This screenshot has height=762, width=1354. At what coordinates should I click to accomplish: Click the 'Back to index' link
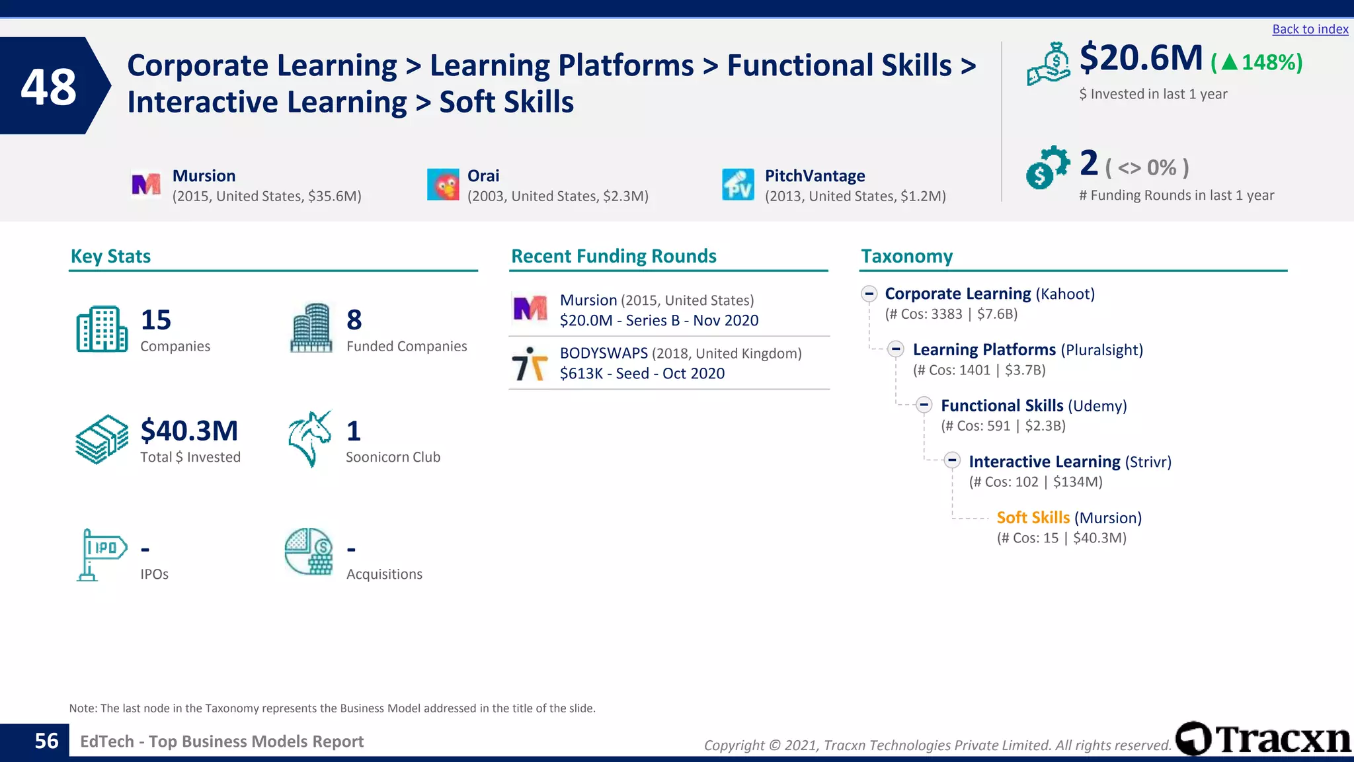[1310, 29]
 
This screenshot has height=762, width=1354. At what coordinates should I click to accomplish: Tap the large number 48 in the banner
[48, 87]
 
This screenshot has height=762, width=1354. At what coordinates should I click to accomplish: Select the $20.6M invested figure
[1141, 58]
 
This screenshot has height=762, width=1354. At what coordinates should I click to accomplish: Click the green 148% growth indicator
[1257, 62]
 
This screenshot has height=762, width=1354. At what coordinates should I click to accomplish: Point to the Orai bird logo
[443, 185]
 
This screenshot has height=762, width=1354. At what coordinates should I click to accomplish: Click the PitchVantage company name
[815, 176]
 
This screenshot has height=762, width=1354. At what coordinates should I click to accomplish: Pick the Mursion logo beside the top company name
[146, 185]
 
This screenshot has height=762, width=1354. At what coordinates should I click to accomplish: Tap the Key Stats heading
[110, 257]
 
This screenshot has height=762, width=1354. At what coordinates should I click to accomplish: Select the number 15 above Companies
[156, 320]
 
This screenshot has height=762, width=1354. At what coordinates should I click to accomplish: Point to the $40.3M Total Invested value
[189, 431]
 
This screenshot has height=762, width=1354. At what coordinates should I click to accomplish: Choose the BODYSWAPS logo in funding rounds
[530, 364]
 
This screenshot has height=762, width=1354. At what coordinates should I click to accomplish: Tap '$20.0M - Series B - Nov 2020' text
[658, 321]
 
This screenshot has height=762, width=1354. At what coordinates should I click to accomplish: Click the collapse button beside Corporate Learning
[869, 294]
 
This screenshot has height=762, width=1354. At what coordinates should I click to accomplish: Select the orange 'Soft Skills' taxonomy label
[1033, 518]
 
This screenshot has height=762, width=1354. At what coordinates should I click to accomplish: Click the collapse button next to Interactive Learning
[952, 460]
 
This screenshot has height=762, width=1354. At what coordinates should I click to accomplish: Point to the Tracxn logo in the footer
[1263, 739]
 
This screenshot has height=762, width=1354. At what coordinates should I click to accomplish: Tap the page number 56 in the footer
[46, 741]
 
